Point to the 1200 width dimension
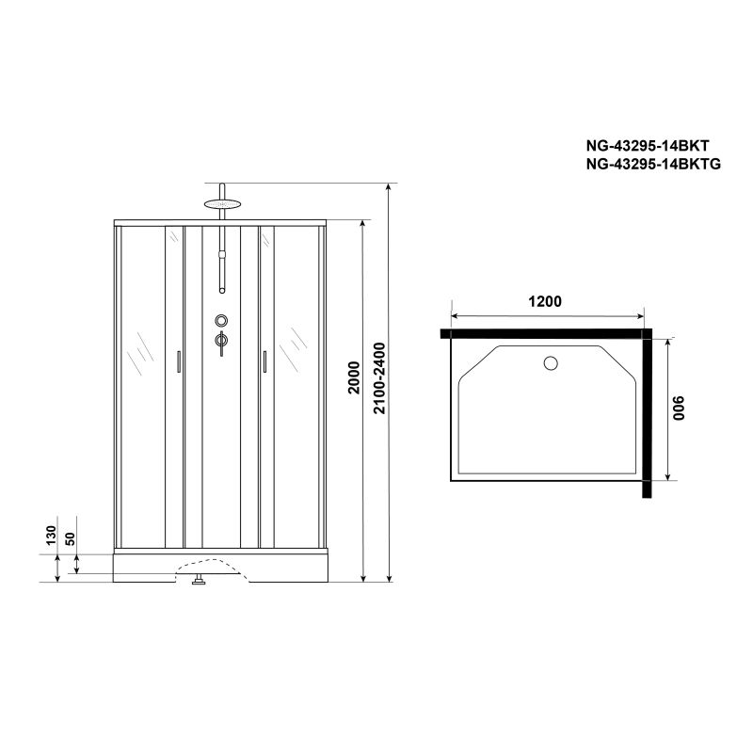pos(544,302)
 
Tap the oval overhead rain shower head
pos(221,200)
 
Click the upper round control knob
pos(221,320)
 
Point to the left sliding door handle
pos(176,362)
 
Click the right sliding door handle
pos(265,362)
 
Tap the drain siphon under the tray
pos(199,580)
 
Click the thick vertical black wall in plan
pos(649,414)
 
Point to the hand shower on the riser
pos(221,268)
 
